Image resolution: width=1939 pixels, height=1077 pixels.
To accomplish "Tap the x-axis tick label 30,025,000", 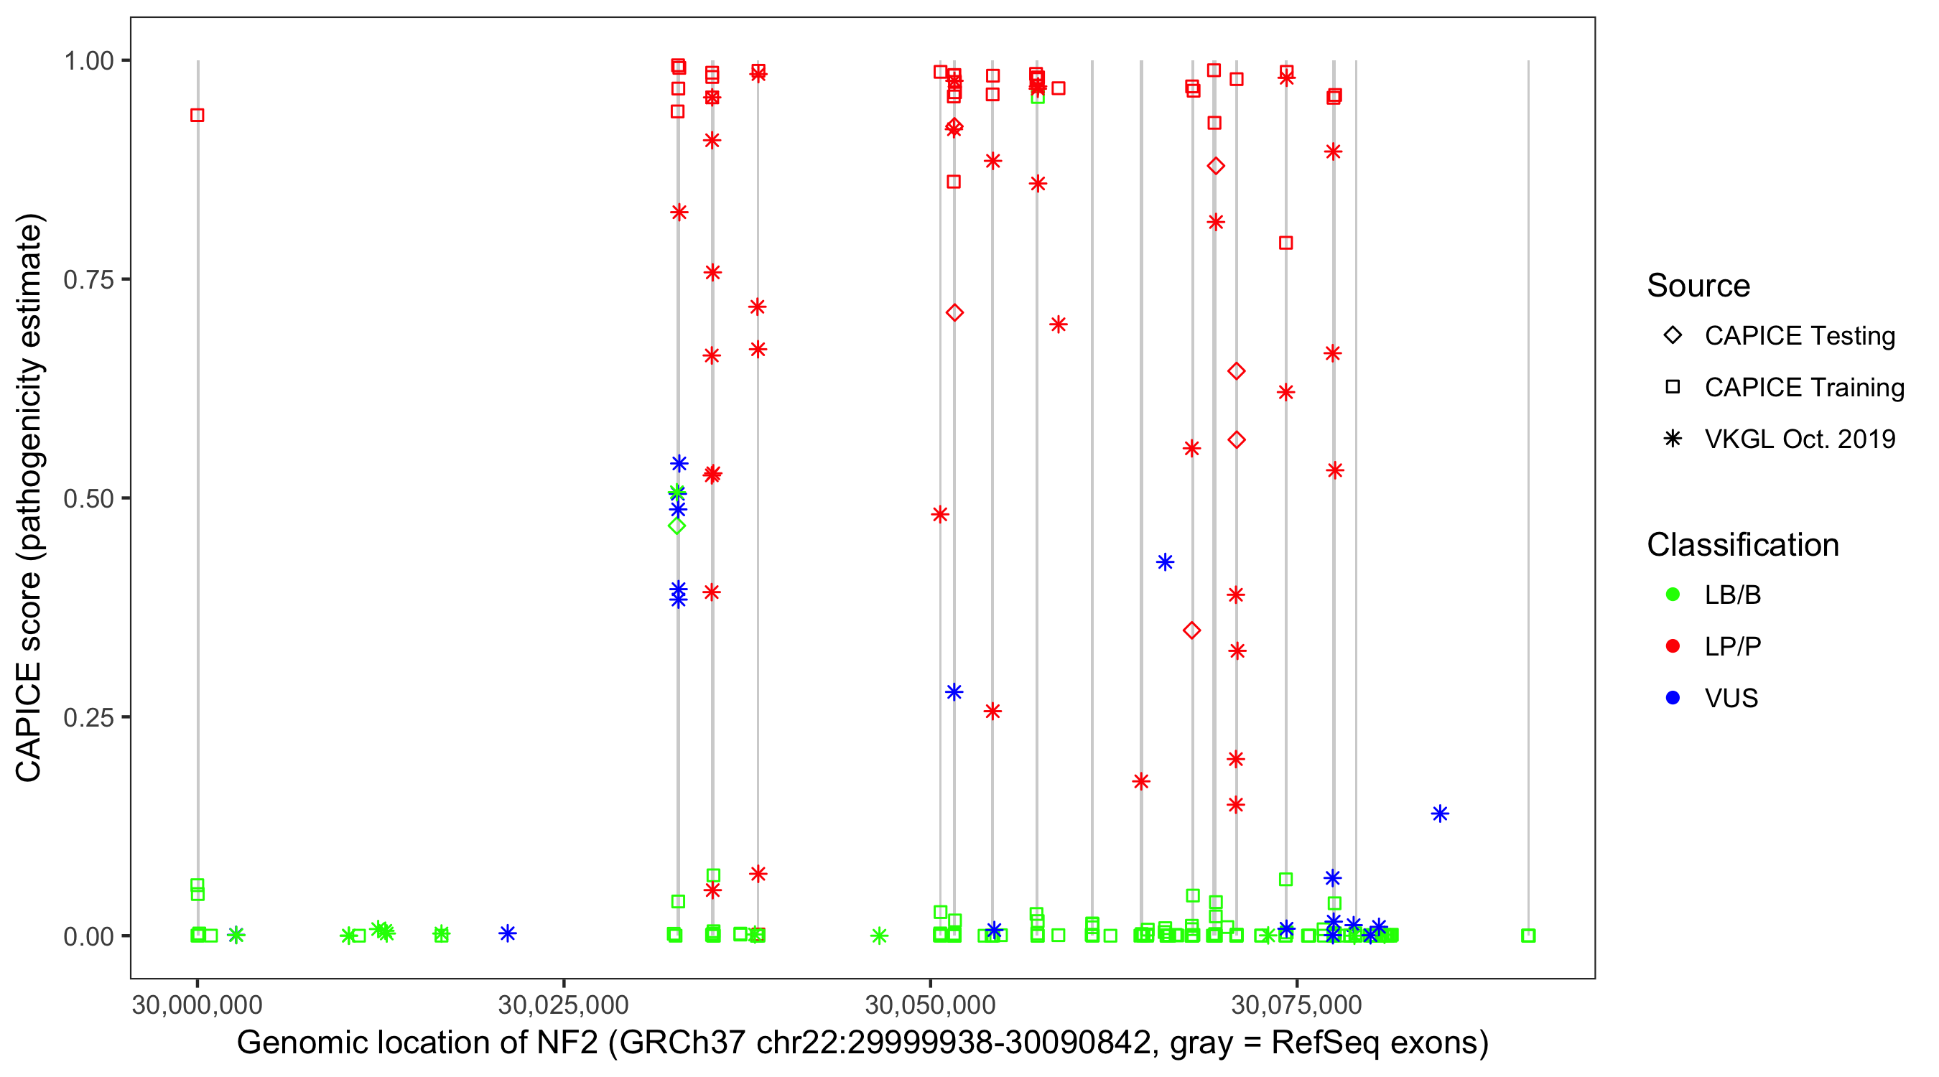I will (x=563, y=1004).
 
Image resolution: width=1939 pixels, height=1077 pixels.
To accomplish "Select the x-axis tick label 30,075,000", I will (x=1296, y=1004).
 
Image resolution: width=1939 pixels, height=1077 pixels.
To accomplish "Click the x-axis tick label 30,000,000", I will (x=197, y=1004).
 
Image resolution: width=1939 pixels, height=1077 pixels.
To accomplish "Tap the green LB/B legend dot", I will (x=1673, y=595).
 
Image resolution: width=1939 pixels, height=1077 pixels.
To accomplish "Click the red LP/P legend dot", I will (x=1673, y=646).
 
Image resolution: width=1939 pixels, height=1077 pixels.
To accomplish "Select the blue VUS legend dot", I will (x=1673, y=698).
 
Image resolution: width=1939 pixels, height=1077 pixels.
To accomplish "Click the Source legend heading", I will (x=1698, y=286).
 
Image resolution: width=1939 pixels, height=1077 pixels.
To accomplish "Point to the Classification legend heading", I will (x=1742, y=545).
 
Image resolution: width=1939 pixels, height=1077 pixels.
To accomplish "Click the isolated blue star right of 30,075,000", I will (x=1440, y=813).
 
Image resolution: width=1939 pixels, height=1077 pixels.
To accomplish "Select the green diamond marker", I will (x=676, y=526).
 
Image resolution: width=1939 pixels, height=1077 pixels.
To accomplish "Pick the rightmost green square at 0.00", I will (x=1528, y=936).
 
